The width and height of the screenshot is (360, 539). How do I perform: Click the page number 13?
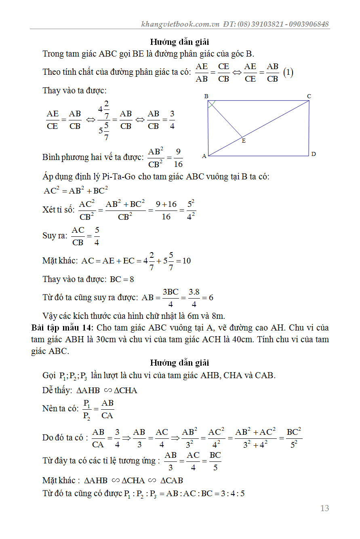pos(324,508)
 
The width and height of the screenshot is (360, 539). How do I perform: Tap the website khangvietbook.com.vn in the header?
pos(180,24)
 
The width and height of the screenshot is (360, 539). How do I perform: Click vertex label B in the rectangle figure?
pos(206,96)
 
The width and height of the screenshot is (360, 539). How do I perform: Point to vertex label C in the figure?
pos(309,96)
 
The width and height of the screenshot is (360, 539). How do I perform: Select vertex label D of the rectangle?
pos(314,154)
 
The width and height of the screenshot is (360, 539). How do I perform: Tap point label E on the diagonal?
pos(243,141)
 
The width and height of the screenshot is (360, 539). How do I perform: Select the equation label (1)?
pos(288,73)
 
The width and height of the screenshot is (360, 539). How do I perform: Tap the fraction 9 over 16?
pos(178,158)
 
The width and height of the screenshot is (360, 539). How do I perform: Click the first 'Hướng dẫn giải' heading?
pos(179,42)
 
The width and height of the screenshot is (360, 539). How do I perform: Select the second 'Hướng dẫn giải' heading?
pos(179,363)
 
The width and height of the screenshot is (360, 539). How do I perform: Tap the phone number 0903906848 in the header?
pos(309,24)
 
